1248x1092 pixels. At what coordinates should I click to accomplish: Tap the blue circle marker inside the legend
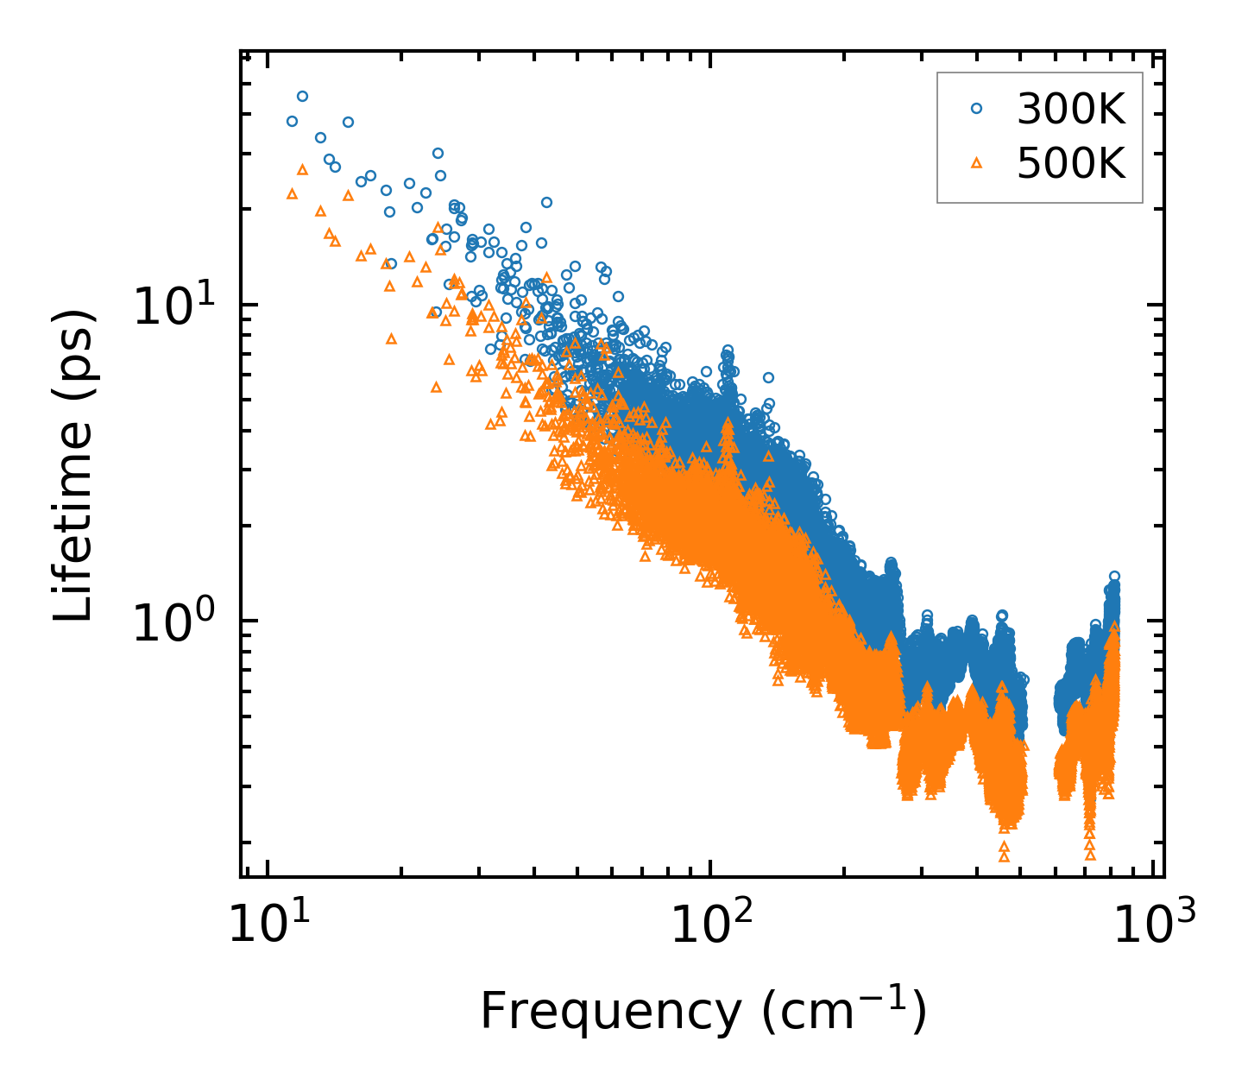[977, 109]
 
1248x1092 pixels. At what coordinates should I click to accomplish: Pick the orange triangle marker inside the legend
[977, 162]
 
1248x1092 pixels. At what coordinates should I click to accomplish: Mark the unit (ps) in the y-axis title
[74, 344]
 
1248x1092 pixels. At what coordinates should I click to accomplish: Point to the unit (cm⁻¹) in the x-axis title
[844, 1011]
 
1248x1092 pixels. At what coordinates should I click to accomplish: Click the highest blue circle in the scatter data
[302, 97]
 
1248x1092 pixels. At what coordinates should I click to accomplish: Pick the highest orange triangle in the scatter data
[302, 170]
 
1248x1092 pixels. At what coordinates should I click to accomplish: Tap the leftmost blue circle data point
[292, 122]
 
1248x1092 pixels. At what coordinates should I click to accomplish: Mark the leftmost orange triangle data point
[292, 194]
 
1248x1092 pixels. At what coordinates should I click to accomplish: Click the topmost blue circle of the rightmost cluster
[1114, 576]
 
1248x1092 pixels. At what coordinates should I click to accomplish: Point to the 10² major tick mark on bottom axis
[710, 871]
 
